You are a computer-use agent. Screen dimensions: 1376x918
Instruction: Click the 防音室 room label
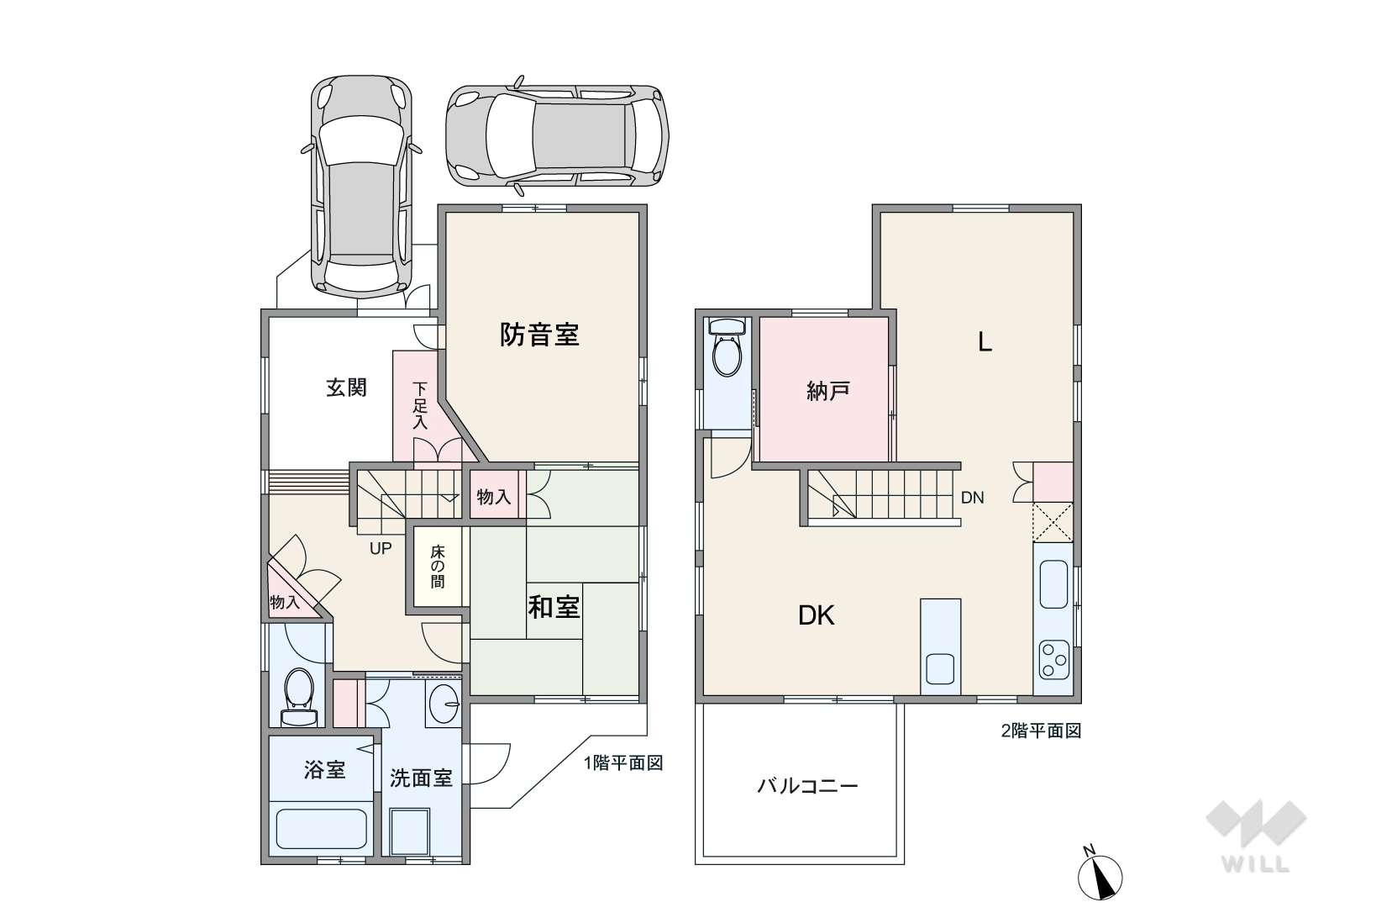(539, 335)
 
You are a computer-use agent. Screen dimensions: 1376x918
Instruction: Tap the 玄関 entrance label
(346, 388)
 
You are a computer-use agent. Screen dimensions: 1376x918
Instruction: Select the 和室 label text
(554, 608)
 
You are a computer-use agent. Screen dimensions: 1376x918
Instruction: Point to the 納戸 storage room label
(828, 391)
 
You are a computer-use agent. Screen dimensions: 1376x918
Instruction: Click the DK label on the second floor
(817, 615)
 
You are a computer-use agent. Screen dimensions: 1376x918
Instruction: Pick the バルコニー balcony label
(807, 786)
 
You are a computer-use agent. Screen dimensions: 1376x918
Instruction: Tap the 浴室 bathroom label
(324, 770)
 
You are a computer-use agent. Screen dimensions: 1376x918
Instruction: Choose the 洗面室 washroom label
(421, 778)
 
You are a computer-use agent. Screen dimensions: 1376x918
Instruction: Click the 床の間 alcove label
(437, 567)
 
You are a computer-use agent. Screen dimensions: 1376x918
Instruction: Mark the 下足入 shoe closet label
(420, 406)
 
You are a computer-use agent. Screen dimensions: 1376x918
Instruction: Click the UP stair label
(381, 548)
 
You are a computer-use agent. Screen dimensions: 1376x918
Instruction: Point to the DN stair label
(973, 498)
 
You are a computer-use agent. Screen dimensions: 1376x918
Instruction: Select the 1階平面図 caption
(622, 763)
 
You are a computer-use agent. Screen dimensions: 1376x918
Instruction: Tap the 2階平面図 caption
(1041, 731)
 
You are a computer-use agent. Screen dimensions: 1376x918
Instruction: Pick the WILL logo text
(1256, 863)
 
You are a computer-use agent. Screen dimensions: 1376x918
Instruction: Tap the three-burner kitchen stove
(1054, 661)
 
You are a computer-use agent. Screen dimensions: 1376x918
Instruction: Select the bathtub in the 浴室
(321, 830)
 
